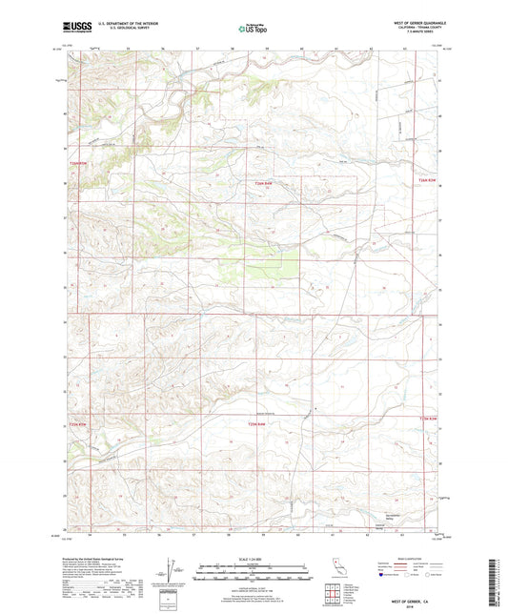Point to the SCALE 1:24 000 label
(254, 559)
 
